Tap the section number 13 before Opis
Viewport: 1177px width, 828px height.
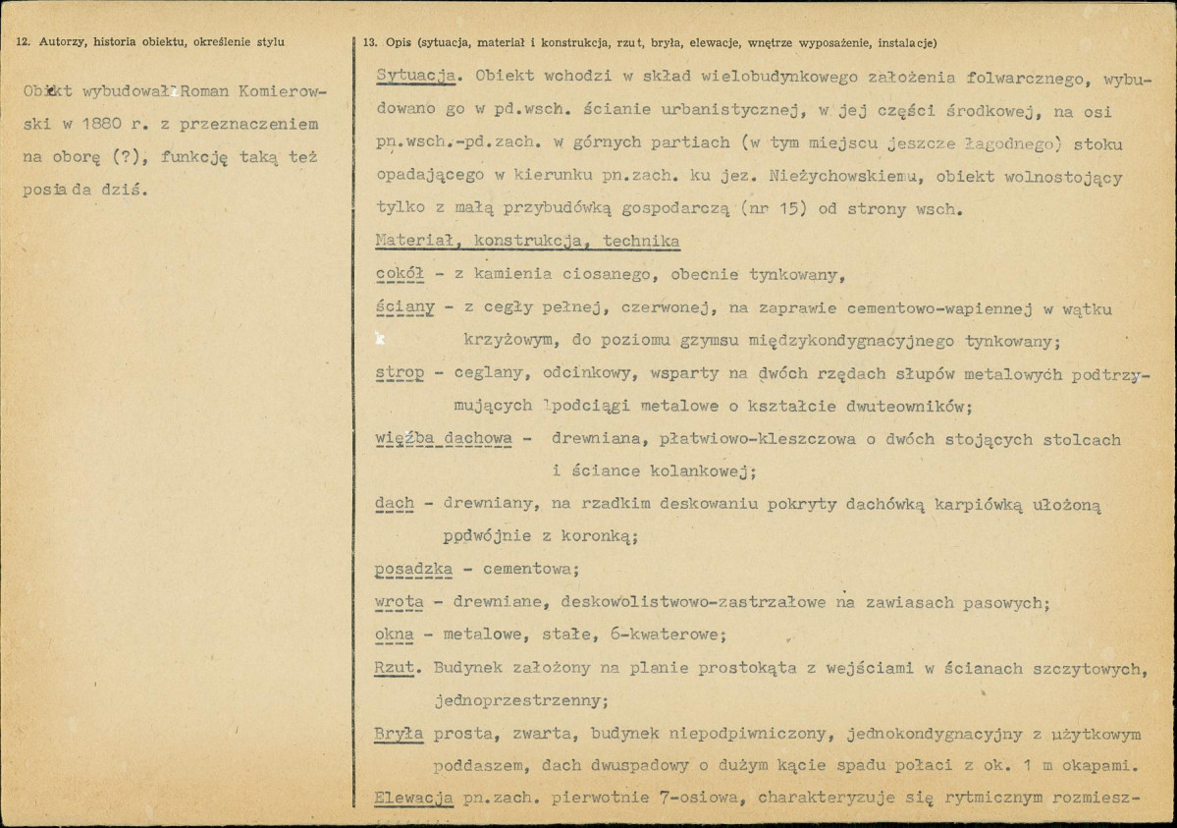click(x=369, y=42)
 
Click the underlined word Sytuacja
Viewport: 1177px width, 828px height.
click(x=411, y=76)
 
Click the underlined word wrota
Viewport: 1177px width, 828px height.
click(x=399, y=602)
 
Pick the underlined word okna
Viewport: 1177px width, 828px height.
click(x=394, y=635)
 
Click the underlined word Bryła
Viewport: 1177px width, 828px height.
click(x=399, y=734)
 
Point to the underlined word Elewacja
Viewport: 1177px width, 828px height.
click(x=413, y=798)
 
